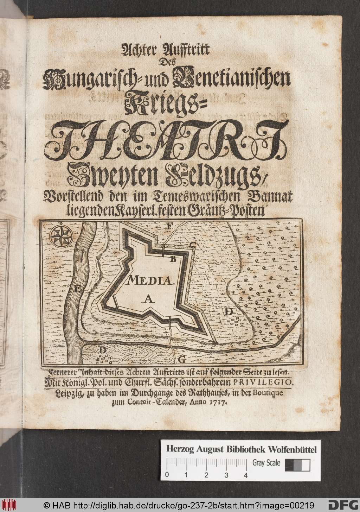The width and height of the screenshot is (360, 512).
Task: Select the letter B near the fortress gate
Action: pos(173,260)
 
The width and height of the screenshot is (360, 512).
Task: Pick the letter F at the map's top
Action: pos(170,227)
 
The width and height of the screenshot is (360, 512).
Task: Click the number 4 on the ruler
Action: pos(245,475)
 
